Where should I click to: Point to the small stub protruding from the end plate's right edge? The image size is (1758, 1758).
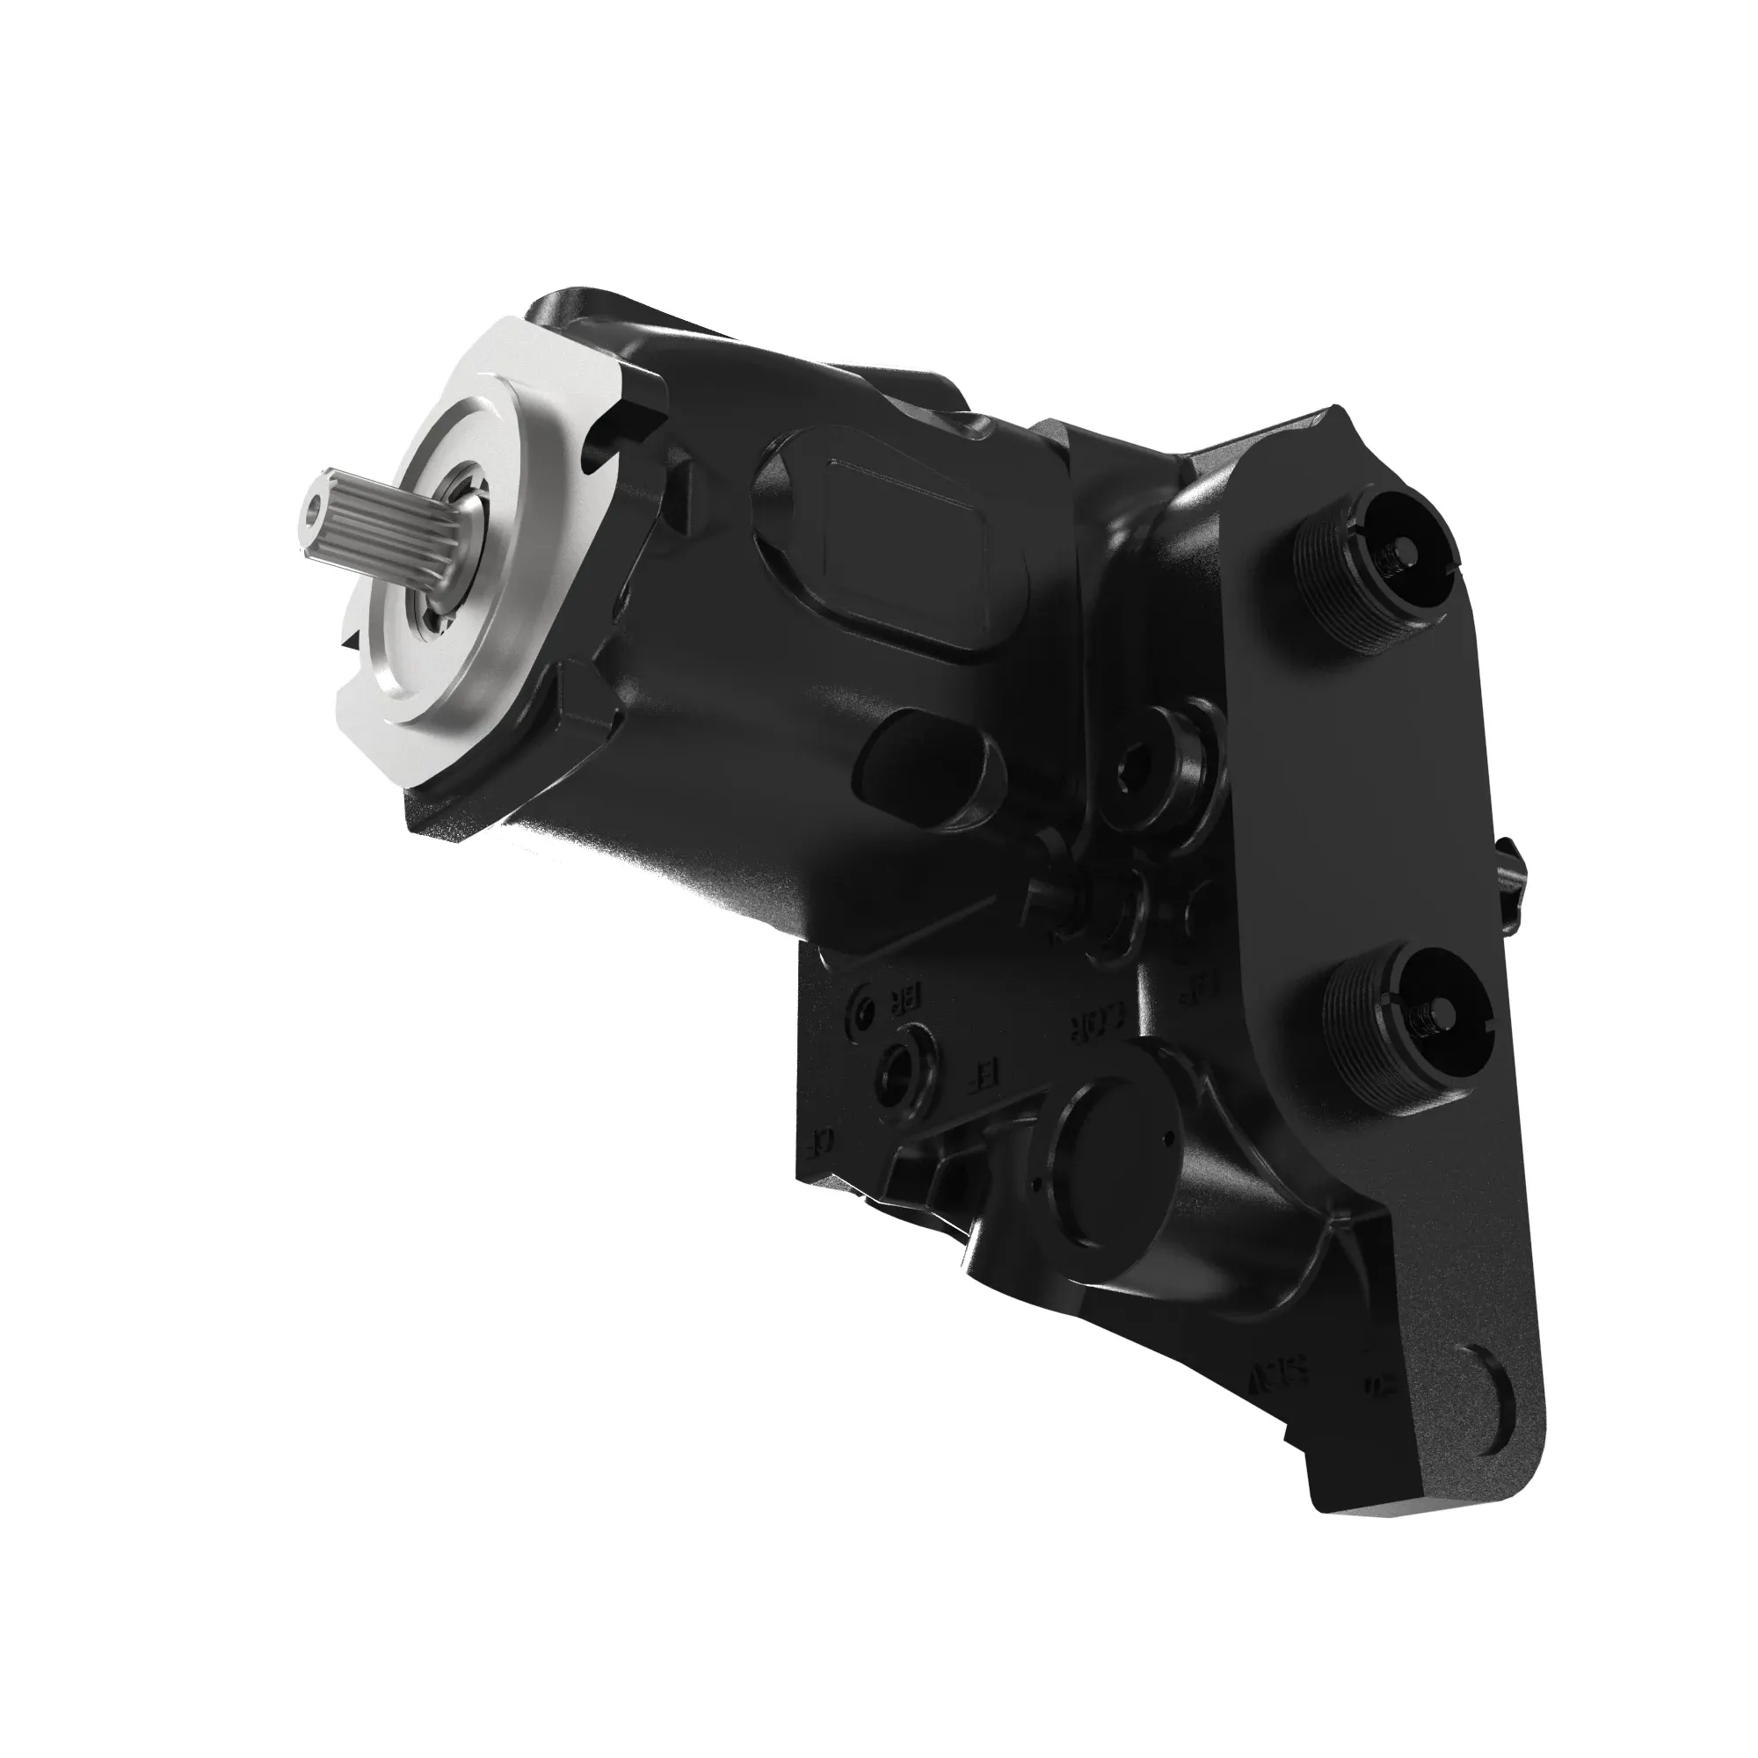click(x=1515, y=878)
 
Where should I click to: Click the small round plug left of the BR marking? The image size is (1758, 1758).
click(x=861, y=1006)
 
